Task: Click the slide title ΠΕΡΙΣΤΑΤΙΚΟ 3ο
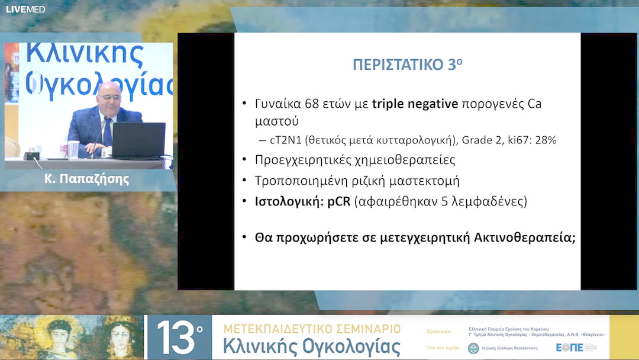pos(407,65)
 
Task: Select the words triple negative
pos(415,105)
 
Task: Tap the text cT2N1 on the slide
pos(286,141)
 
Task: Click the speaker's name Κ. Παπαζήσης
pos(86,179)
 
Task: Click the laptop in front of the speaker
pos(138,140)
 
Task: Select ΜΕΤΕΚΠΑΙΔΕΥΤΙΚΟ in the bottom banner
pos(278,329)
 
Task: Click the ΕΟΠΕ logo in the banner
pos(570,348)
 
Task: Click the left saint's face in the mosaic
pos(60,335)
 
